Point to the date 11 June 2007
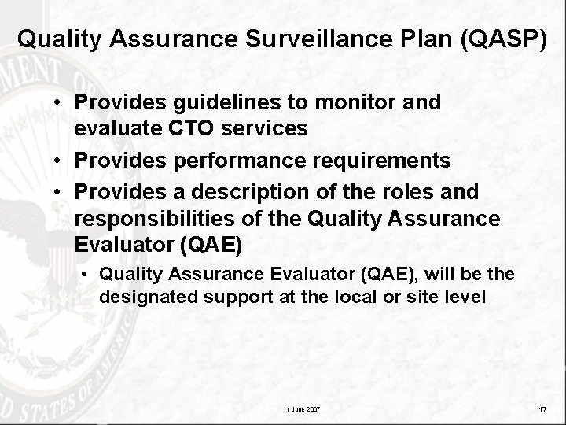pyautogui.click(x=301, y=410)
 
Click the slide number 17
pyautogui.click(x=543, y=410)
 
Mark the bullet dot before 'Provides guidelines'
pyautogui.click(x=60, y=103)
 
